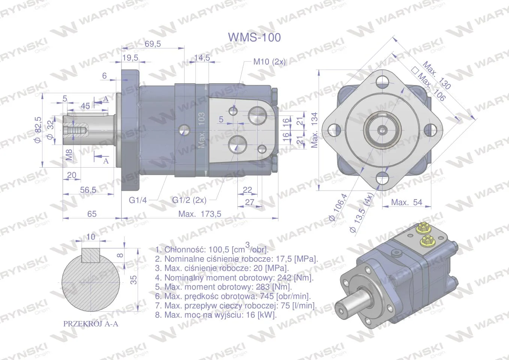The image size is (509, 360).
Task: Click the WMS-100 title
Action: click(254, 37)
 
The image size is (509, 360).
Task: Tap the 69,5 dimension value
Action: click(152, 43)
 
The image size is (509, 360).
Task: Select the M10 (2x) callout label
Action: click(269, 61)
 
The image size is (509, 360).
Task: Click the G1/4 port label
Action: click(138, 200)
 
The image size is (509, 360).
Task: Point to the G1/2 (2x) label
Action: click(189, 200)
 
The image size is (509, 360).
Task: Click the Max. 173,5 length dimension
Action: click(200, 214)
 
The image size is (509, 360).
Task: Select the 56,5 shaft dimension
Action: click(88, 190)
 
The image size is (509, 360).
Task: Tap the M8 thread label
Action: click(69, 154)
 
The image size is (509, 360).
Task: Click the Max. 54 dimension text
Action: click(407, 202)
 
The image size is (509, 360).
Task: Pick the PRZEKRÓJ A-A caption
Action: click(91, 324)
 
